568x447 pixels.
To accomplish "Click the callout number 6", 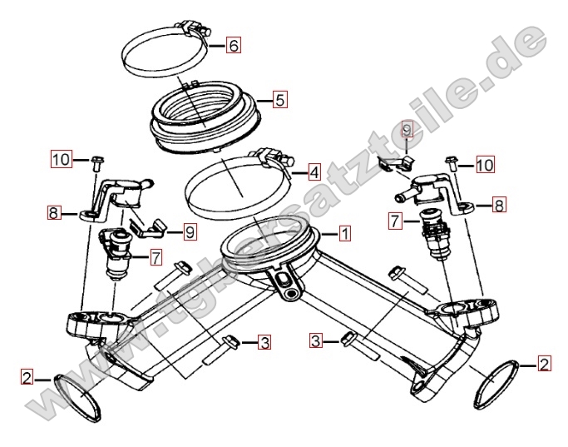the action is click(x=234, y=45).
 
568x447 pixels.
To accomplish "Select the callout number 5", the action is click(x=280, y=99).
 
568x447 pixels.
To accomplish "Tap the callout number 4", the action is click(x=314, y=171).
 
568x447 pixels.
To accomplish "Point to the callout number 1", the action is click(x=345, y=233).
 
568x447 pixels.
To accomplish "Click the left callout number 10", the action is click(x=62, y=159).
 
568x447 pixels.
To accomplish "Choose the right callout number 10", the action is click(x=485, y=165).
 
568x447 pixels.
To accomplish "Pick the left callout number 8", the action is click(x=53, y=213).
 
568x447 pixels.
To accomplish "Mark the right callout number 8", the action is click(x=499, y=206).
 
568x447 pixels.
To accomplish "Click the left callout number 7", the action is click(x=156, y=258).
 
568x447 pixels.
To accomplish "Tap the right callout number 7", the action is click(x=395, y=221).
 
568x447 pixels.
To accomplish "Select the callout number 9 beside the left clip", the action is click(x=190, y=231).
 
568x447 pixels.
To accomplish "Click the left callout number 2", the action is click(x=27, y=378).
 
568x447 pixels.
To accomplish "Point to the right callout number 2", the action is click(x=544, y=363).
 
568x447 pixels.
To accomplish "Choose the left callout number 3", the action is click(x=264, y=342).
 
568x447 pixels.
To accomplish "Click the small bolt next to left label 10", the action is click(x=96, y=163).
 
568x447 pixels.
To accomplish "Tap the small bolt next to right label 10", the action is click(x=451, y=163).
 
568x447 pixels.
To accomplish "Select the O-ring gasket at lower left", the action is click(x=77, y=399).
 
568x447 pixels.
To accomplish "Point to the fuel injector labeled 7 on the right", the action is click(x=436, y=235).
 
